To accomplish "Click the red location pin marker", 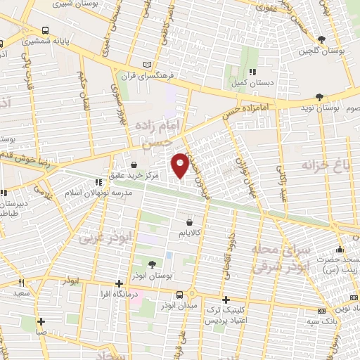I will pyautogui.click(x=180, y=165).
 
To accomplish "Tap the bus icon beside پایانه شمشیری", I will pyautogui.click(x=46, y=31).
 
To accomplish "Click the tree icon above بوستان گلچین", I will pyautogui.click(x=321, y=40).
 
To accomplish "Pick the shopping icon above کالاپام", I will pyautogui.click(x=190, y=223).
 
